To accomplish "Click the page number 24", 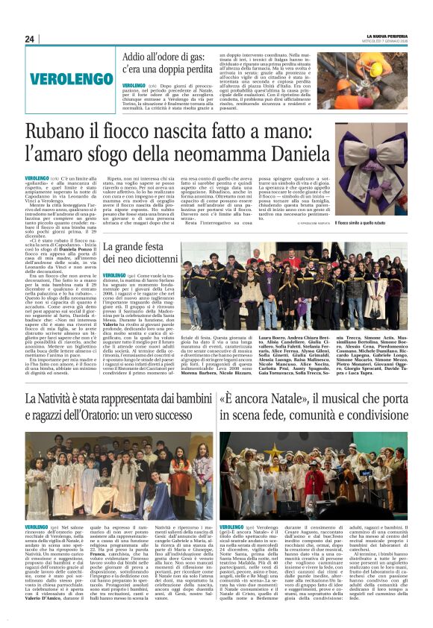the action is click(x=30, y=39).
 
